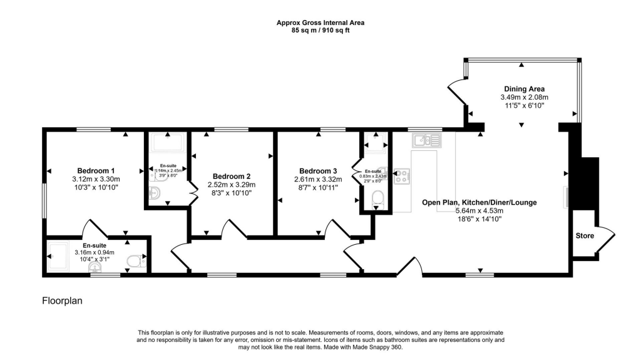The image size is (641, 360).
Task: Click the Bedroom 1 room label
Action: (96, 171)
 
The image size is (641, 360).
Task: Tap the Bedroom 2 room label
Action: (232, 176)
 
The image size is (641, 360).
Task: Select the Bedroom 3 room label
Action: (318, 171)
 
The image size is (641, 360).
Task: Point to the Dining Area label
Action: (524, 89)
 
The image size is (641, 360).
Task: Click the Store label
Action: (585, 236)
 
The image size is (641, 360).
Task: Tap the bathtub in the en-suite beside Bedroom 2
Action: (168, 145)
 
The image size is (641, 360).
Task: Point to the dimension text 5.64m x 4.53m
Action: (479, 210)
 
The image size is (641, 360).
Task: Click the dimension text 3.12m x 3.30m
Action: (96, 179)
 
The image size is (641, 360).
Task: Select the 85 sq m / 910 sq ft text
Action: (320, 29)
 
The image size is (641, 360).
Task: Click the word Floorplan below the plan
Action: (62, 301)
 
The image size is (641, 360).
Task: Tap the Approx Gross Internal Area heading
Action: (320, 23)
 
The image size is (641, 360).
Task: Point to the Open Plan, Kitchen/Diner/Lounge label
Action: (479, 202)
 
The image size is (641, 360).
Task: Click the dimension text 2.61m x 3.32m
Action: (318, 179)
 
